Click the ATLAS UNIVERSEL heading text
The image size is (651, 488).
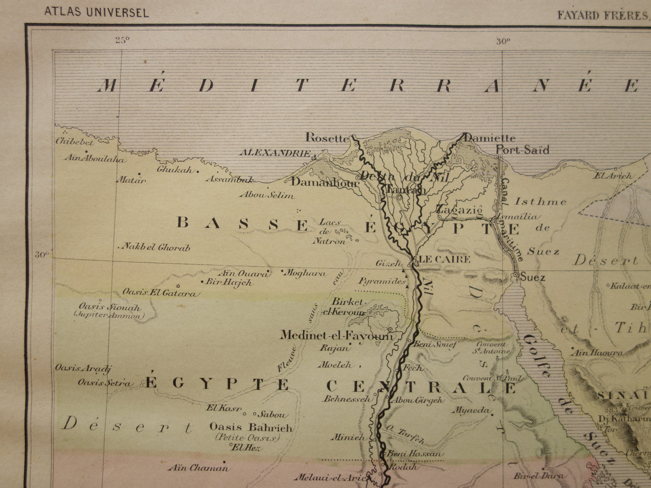coord(96,12)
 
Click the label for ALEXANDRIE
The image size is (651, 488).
coord(275,153)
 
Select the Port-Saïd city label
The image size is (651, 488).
coord(523,150)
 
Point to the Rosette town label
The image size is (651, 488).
coord(327,138)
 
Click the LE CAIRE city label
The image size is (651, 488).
coord(444,259)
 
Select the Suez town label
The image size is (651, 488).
coord(533,277)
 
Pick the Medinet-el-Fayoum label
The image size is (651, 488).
coord(336,335)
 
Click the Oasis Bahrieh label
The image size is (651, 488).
coord(251,427)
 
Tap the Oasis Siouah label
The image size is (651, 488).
coord(109,307)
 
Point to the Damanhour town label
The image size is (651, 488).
coord(324,182)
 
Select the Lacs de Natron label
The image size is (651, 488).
coord(330,231)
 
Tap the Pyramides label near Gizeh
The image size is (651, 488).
coord(382,281)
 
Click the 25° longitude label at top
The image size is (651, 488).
coord(122,41)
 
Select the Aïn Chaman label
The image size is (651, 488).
coord(198,468)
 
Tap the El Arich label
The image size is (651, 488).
coord(613,176)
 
